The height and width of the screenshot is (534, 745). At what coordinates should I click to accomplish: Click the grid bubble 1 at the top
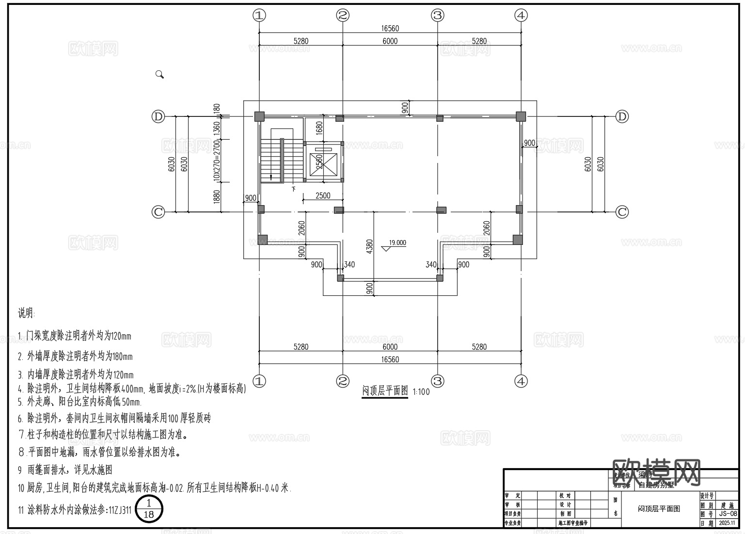259,16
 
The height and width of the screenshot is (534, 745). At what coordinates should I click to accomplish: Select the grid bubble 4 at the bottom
521,381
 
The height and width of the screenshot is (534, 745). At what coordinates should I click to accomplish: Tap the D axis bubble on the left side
159,116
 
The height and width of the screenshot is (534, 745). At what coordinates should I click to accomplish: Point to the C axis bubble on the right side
622,212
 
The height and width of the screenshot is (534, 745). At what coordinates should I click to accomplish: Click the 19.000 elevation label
397,243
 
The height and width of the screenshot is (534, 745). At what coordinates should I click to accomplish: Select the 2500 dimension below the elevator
323,195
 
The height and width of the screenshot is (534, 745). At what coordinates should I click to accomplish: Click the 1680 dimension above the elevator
319,129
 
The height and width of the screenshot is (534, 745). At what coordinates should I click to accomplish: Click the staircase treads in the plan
272,161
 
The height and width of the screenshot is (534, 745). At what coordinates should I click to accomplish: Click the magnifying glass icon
159,74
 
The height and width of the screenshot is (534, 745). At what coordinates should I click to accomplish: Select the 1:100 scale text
421,392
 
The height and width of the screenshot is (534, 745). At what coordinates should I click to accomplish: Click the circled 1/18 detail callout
149,509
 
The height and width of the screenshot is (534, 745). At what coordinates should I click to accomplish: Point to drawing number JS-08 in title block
728,514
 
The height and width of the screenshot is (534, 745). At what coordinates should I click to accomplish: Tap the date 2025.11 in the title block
728,523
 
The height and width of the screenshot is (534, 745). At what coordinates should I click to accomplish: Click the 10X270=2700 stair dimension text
217,160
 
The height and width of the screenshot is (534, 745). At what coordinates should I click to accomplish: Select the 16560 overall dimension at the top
390,29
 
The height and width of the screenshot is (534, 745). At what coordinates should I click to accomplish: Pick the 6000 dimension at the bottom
390,347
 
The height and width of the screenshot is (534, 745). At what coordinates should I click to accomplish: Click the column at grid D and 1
259,116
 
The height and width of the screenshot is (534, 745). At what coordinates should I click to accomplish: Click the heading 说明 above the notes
27,313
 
